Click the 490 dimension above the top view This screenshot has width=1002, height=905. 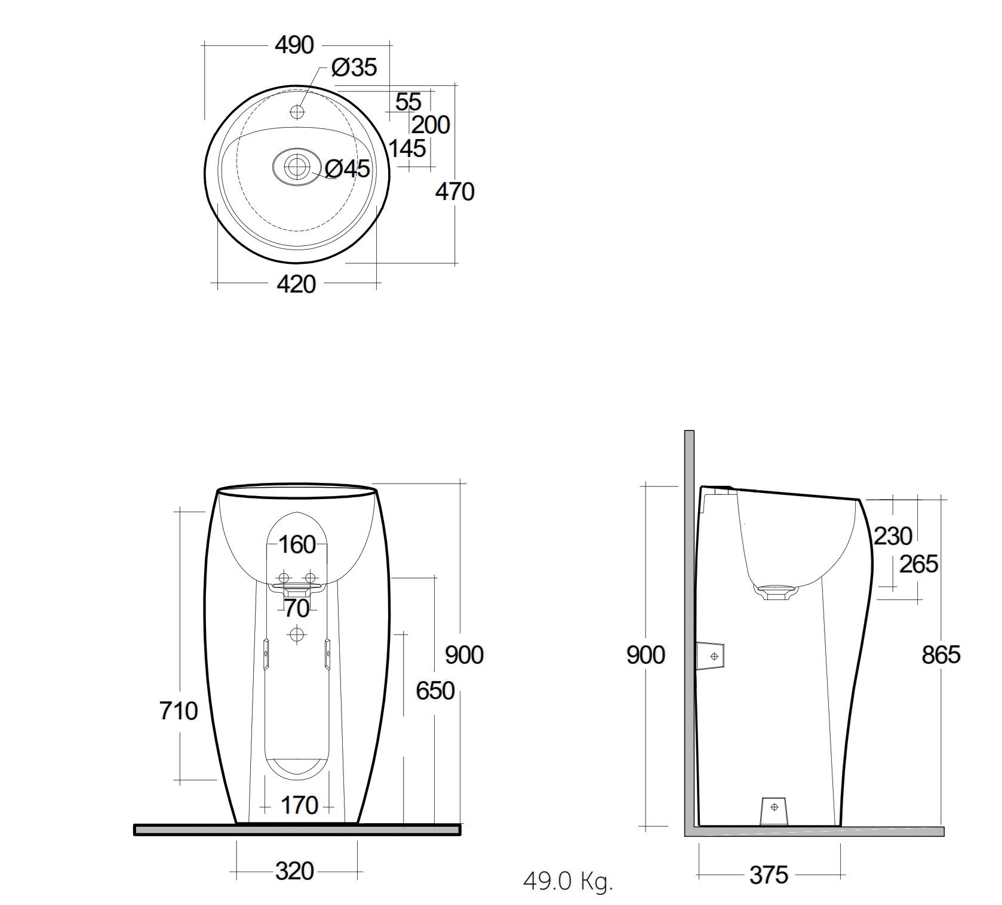[x=294, y=45]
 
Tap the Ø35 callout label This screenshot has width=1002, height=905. [x=354, y=68]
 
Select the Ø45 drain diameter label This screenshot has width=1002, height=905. [x=348, y=169]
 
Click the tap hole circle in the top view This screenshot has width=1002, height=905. [x=297, y=111]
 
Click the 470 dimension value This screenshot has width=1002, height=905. [x=454, y=192]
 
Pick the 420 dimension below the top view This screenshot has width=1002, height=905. [x=296, y=284]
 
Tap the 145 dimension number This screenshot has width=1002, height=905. [x=407, y=148]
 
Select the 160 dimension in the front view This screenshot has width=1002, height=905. [x=297, y=544]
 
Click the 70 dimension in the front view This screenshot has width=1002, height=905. [x=297, y=609]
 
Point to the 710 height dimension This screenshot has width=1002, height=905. [x=179, y=711]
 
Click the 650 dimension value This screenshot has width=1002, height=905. [x=435, y=691]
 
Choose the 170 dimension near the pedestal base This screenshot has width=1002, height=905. [x=299, y=805]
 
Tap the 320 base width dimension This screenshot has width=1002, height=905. [x=294, y=872]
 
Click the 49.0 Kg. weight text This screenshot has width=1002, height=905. [x=568, y=881]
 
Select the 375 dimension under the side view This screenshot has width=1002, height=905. [x=769, y=876]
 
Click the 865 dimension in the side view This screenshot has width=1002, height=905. [x=940, y=655]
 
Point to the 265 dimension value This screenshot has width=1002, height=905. [x=918, y=564]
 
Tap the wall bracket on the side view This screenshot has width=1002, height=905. [x=711, y=656]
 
